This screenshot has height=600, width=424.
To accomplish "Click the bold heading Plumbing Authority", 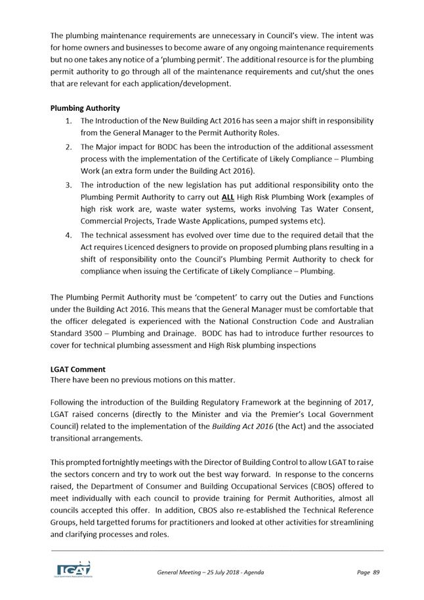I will [x=85, y=108].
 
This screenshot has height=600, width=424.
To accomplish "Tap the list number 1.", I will [x=69, y=121].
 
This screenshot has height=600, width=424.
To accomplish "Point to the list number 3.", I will [x=69, y=185].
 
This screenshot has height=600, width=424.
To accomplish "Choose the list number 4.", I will [x=69, y=235].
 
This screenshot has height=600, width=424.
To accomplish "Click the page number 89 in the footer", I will [x=376, y=572].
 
